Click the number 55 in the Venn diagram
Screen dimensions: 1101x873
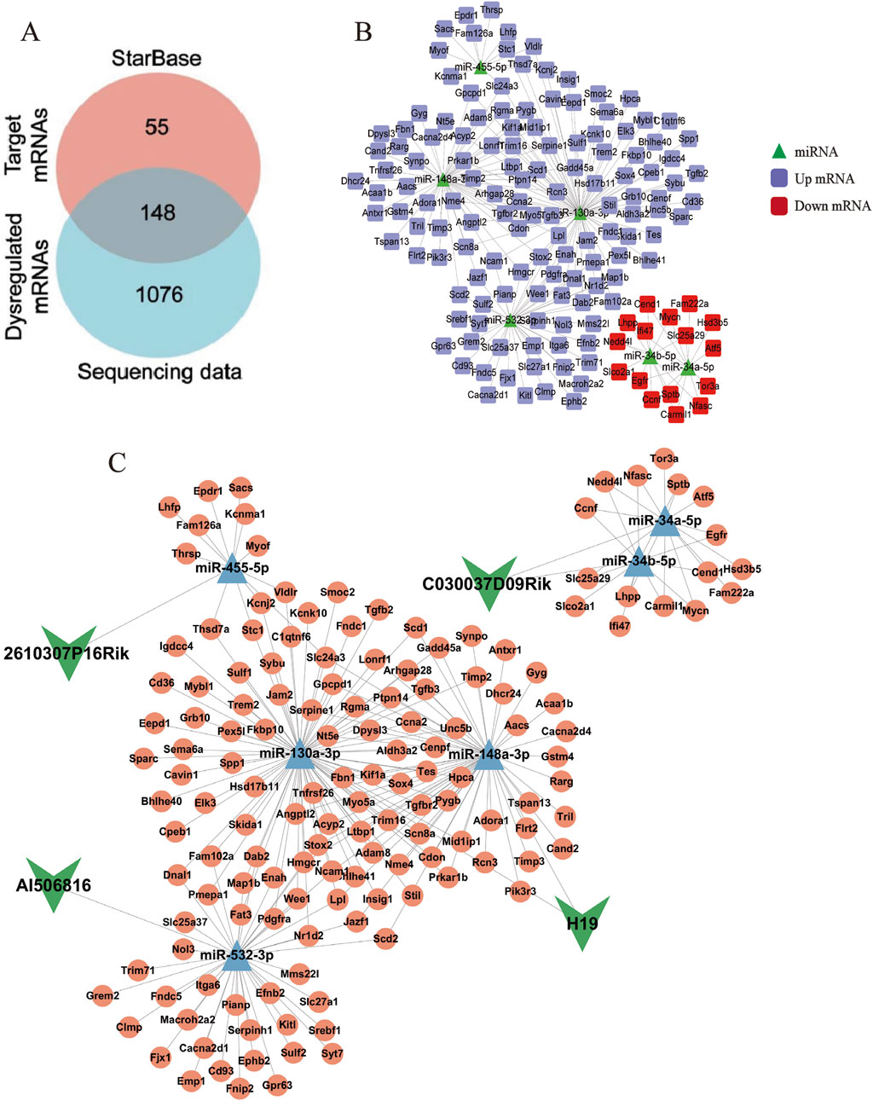click(157, 128)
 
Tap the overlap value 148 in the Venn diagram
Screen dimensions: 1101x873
click(158, 212)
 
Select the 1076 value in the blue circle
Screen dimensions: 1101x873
click(159, 295)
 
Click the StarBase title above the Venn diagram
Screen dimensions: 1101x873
click(157, 58)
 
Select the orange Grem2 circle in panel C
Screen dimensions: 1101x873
click(102, 995)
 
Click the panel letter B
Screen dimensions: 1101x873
click(363, 32)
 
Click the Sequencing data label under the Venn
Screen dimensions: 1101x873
click(159, 372)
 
